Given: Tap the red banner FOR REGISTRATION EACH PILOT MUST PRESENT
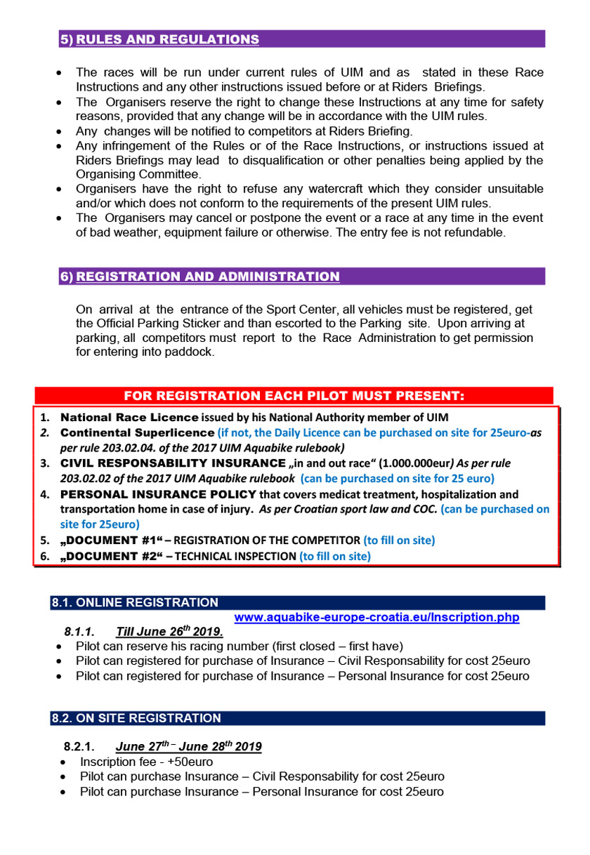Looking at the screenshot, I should [294, 395].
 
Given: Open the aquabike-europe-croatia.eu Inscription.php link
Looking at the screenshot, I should [376, 618].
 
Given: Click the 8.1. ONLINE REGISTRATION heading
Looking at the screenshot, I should [134, 602].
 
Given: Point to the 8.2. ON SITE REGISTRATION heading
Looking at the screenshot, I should [136, 718].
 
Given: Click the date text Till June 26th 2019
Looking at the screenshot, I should [169, 631].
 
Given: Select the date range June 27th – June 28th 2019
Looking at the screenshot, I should [188, 746].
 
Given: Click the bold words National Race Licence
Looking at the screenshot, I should [129, 418].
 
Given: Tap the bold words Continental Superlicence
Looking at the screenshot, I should [137, 433].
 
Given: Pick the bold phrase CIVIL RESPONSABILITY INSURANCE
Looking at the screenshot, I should [173, 463].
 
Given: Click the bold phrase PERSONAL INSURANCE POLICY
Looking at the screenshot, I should [158, 494].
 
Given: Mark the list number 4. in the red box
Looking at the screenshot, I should [44, 494].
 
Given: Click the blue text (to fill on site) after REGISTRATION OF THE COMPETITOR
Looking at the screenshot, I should [399, 541].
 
